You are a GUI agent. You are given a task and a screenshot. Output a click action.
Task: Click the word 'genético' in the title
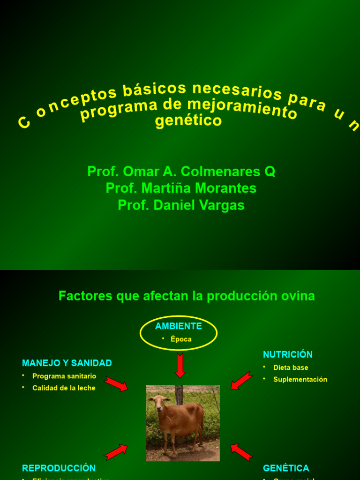point(188,121)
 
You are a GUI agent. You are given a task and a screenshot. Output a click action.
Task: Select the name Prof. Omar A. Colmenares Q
point(181,172)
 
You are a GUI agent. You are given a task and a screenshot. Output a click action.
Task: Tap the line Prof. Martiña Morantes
point(181,188)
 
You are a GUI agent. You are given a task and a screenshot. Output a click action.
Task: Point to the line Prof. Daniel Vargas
point(181,205)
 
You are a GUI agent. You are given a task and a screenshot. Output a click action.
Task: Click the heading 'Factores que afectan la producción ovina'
point(187,296)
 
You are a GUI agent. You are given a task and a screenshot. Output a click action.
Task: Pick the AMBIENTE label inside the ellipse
point(179,326)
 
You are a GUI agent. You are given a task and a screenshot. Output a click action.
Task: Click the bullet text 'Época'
point(181,339)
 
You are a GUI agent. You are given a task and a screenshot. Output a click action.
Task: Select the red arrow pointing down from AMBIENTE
point(180,366)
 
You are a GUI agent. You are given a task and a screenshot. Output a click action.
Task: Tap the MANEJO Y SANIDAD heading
point(67,363)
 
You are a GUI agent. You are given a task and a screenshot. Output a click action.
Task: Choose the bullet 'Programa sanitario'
point(64,376)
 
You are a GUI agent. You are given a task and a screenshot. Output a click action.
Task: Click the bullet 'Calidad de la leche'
point(64,388)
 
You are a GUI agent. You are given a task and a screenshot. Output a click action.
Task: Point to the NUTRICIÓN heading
point(288,355)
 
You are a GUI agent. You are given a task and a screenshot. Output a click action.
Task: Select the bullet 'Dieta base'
point(291,367)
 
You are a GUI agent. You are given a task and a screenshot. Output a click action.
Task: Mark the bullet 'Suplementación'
point(300,380)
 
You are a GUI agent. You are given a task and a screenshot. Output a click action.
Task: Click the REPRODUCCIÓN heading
point(59,468)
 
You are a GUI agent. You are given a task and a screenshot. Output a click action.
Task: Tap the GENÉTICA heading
point(286,468)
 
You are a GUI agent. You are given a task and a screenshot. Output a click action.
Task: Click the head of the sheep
point(159,402)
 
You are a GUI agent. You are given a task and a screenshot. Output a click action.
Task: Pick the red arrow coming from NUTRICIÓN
point(241,381)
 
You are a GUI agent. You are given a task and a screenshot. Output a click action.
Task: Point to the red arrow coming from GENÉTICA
point(241,452)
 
